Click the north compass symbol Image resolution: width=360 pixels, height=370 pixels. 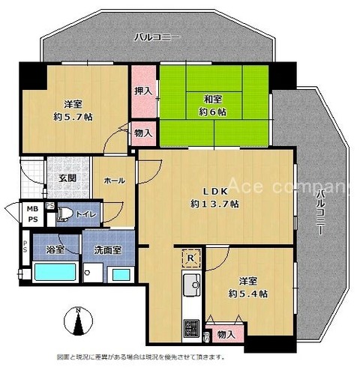pyautogui.click(x=78, y=321)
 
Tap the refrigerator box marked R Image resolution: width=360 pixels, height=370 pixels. pyautogui.click(x=191, y=258)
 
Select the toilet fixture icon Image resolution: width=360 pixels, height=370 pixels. pyautogui.click(x=64, y=214)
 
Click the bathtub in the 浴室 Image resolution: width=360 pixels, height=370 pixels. pyautogui.click(x=55, y=272)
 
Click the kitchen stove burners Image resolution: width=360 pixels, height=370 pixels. pyautogui.click(x=192, y=327)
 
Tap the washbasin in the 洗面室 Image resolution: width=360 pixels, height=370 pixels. pyautogui.click(x=121, y=274)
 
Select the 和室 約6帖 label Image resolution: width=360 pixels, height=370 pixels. pyautogui.click(x=213, y=106)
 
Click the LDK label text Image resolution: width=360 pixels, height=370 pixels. pyautogui.click(x=215, y=192)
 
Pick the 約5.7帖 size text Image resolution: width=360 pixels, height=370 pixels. pyautogui.click(x=73, y=117)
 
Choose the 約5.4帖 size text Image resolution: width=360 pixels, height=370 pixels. pyautogui.click(x=248, y=294)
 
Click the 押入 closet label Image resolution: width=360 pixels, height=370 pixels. pyautogui.click(x=143, y=91)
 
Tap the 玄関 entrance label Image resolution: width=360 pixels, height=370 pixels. pyautogui.click(x=67, y=178)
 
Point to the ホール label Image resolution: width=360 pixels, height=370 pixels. pyautogui.click(x=114, y=181)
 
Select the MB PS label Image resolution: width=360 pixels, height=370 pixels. pyautogui.click(x=33, y=213)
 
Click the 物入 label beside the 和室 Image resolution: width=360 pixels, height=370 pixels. pyautogui.click(x=143, y=133)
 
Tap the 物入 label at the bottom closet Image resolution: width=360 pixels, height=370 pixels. pyautogui.click(x=226, y=335)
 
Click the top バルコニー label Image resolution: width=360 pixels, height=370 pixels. pyautogui.click(x=157, y=37)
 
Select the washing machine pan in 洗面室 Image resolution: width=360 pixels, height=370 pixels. pyautogui.click(x=94, y=273)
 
